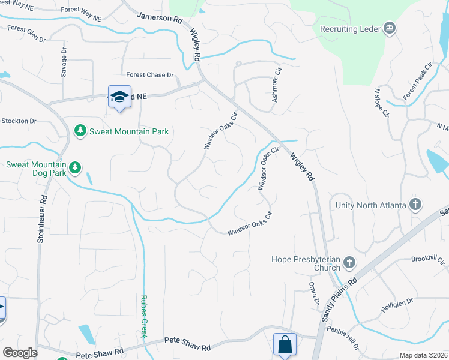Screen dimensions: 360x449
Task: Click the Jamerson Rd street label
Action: [159, 19]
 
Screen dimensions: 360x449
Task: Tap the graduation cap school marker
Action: [119, 97]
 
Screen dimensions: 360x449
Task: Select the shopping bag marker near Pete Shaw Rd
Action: [285, 344]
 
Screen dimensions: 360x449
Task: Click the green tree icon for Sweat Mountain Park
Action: [79, 131]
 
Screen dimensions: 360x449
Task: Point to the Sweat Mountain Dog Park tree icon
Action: [74, 167]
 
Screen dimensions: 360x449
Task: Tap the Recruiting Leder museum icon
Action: [390, 29]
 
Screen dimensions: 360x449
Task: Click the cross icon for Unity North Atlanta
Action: [415, 205]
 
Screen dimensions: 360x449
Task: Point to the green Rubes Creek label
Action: [143, 316]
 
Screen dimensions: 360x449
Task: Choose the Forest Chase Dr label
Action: [149, 75]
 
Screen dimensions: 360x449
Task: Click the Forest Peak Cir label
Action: [418, 81]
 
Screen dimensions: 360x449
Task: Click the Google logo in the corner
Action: [20, 353]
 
